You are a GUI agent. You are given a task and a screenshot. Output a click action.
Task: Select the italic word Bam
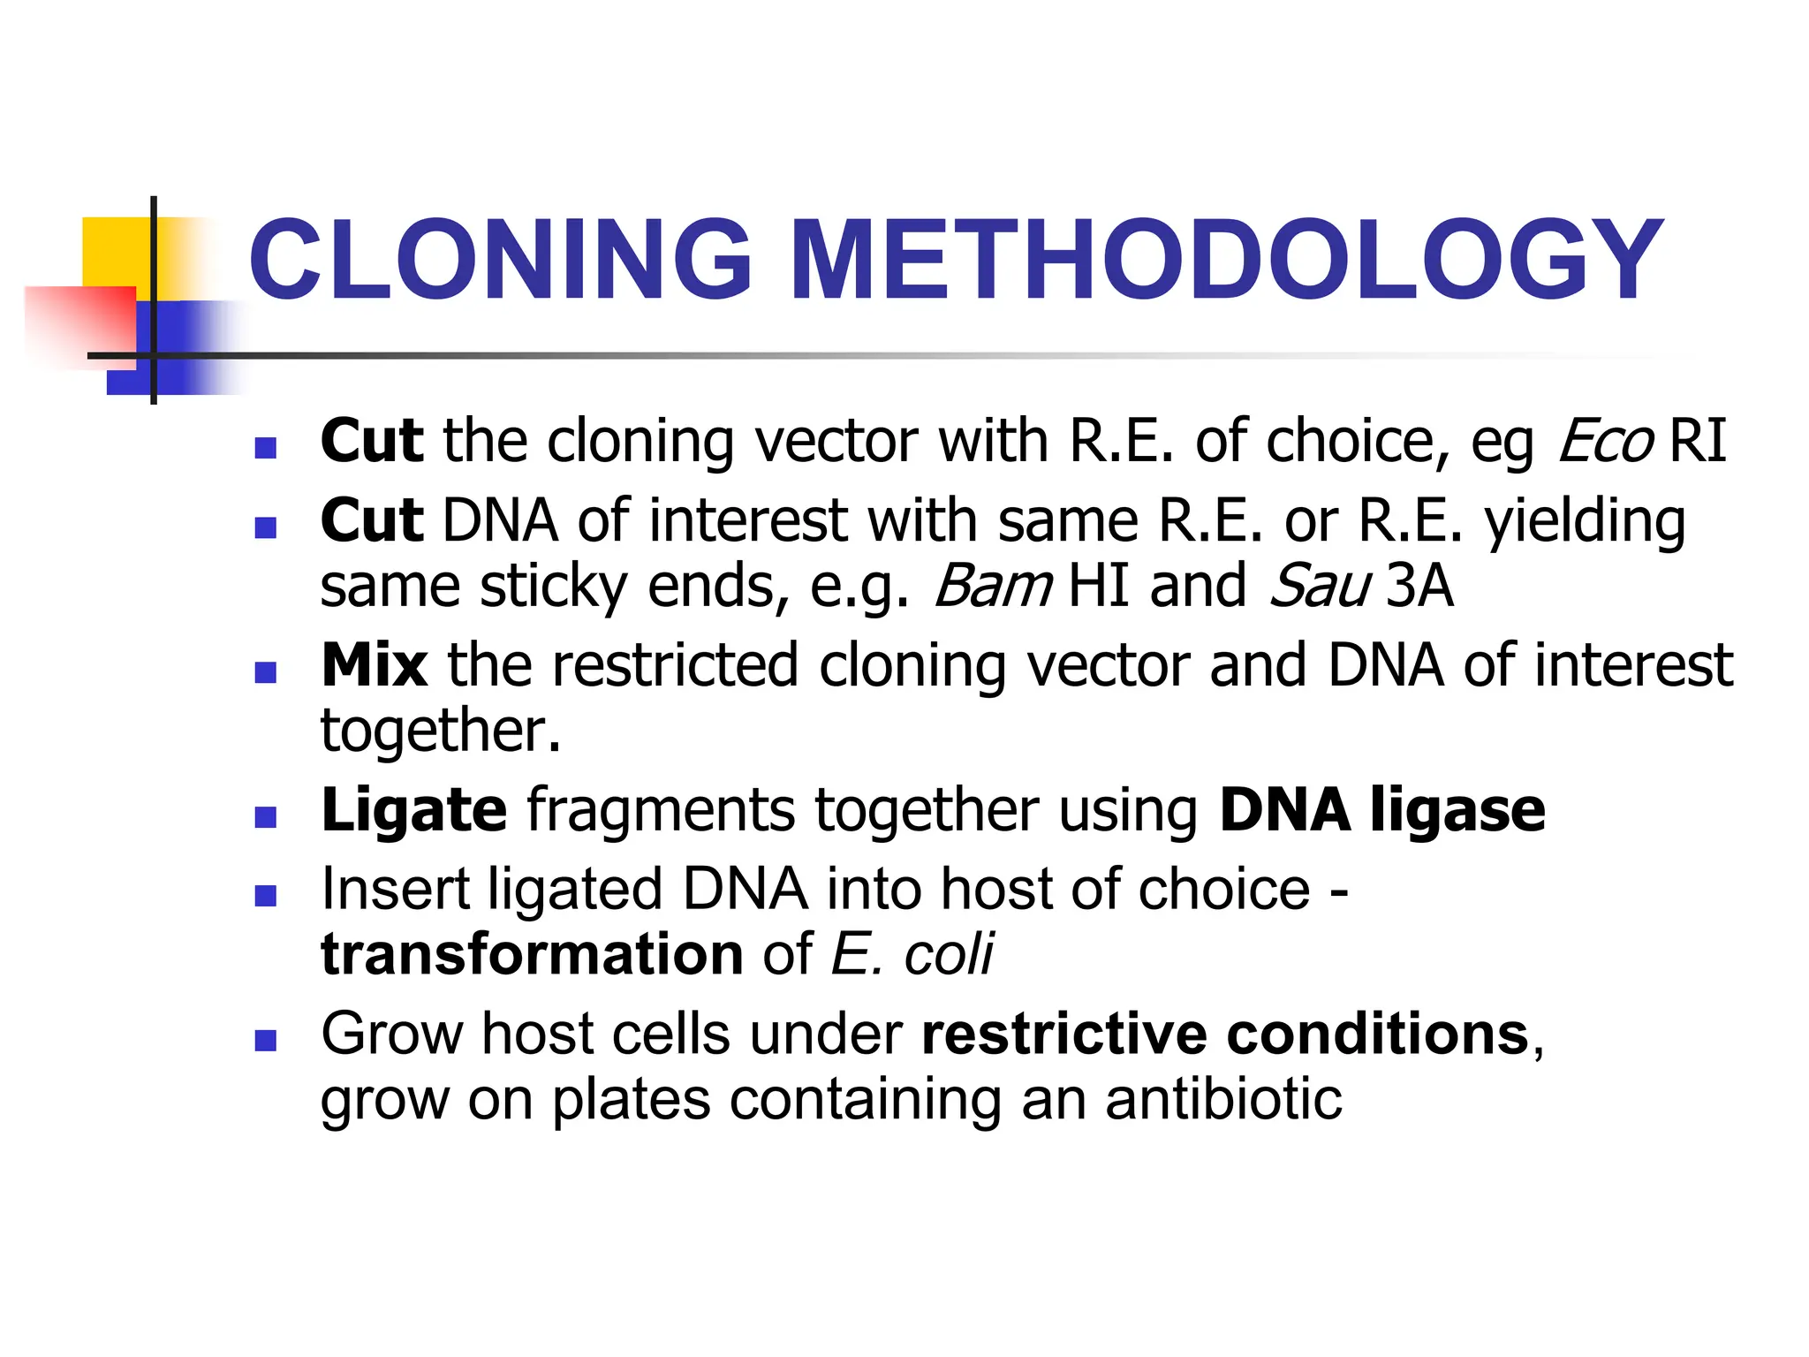993,586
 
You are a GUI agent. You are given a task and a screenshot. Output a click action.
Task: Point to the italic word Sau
1320,586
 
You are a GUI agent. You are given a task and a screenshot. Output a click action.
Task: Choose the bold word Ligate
414,810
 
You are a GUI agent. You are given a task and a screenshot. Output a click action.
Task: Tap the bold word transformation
532,954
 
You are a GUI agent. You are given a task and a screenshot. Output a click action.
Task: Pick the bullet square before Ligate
265,816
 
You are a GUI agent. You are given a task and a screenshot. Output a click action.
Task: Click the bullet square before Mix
265,673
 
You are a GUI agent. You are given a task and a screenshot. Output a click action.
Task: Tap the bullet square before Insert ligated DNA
265,897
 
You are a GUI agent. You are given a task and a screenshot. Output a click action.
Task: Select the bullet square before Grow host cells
265,1041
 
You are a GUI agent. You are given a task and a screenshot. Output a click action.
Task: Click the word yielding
1585,521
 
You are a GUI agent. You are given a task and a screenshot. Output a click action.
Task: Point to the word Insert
395,889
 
